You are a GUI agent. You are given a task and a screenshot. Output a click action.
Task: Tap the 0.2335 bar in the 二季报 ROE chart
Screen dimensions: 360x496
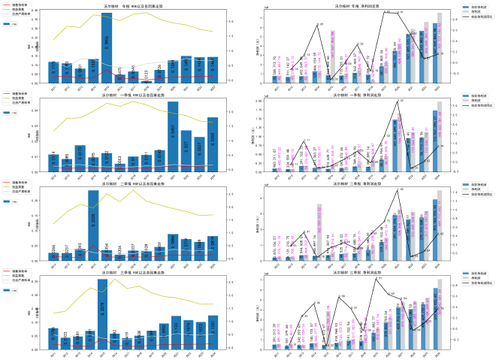[93, 225]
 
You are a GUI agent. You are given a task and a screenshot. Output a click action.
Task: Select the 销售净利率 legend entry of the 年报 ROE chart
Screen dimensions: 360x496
[20, 5]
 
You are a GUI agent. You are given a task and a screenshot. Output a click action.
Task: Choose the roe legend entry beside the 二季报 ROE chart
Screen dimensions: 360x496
[14, 201]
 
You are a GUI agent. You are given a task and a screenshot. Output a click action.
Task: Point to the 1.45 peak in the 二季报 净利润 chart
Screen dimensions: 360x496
[400, 190]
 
